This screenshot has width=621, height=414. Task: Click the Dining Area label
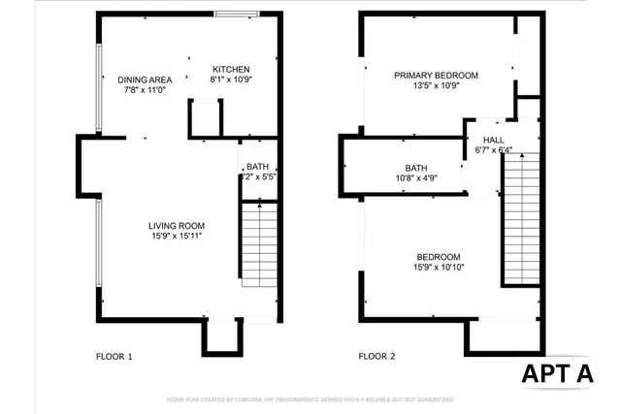point(145,80)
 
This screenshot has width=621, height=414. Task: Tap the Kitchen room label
point(231,69)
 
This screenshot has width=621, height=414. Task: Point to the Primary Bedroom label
point(437,76)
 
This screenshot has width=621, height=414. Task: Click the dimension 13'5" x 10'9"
point(437,85)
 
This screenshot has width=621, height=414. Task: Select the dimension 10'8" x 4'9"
point(416,177)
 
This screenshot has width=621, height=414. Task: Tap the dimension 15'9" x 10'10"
point(436,268)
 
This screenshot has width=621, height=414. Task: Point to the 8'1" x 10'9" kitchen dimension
point(231,80)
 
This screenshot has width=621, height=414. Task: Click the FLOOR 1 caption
point(114,357)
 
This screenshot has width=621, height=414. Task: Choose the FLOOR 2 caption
point(377,357)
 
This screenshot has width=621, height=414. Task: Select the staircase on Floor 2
point(521,218)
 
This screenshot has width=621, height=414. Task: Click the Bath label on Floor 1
point(257,167)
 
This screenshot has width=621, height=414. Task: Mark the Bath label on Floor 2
point(416,168)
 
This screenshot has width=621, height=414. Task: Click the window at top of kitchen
point(236,14)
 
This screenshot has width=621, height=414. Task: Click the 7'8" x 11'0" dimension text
point(145,90)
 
